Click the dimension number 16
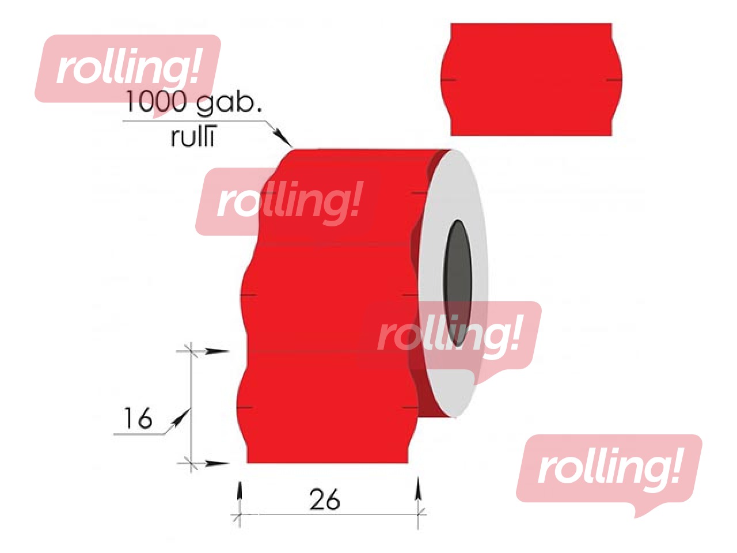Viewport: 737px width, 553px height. point(138,418)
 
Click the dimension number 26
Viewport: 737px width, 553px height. point(324,499)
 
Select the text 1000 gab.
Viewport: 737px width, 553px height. point(193,102)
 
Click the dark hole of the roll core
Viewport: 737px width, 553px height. point(457,283)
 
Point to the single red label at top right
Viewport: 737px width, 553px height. point(531,79)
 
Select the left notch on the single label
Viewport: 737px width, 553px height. point(448,80)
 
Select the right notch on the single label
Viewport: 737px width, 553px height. point(614,80)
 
